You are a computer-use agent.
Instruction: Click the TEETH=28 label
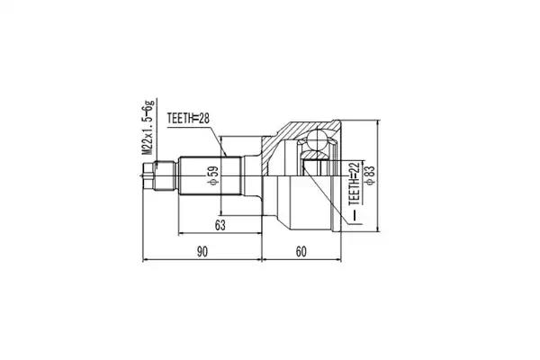click(x=188, y=119)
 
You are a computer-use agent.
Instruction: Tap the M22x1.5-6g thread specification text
click(x=148, y=128)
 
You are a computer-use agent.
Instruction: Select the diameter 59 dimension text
click(x=213, y=175)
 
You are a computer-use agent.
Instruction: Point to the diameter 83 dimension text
click(x=370, y=175)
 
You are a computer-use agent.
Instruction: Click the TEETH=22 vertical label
click(x=355, y=184)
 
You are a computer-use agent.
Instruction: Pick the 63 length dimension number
click(x=220, y=225)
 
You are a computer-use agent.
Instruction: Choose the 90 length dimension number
click(x=202, y=252)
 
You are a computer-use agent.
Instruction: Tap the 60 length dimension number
click(x=301, y=252)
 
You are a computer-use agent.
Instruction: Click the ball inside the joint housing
click(x=317, y=140)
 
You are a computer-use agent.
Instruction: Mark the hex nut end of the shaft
click(x=148, y=176)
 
